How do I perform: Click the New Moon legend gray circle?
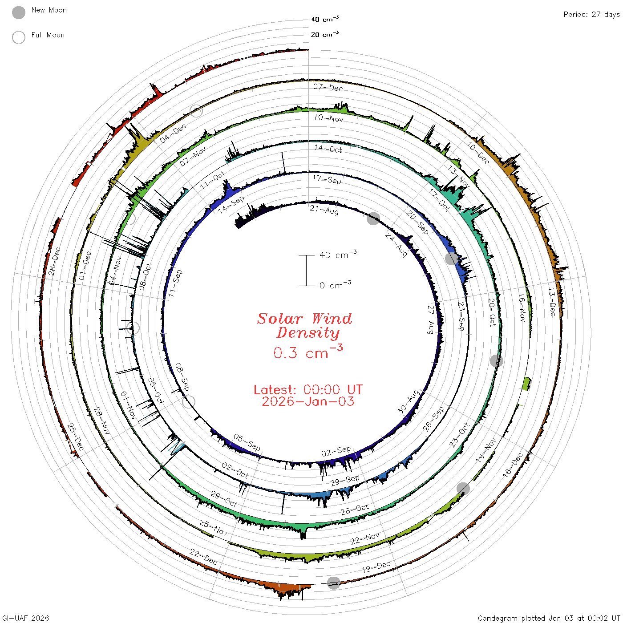pyautogui.click(x=18, y=12)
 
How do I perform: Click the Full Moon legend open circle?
pyautogui.click(x=18, y=37)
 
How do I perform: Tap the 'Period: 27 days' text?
pyautogui.click(x=592, y=15)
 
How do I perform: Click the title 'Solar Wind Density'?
pyautogui.click(x=304, y=326)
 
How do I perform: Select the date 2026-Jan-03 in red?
pyautogui.click(x=308, y=401)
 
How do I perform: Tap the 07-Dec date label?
pyautogui.click(x=328, y=88)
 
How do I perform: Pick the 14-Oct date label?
pyautogui.click(x=328, y=149)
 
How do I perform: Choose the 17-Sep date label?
pyautogui.click(x=327, y=179)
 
